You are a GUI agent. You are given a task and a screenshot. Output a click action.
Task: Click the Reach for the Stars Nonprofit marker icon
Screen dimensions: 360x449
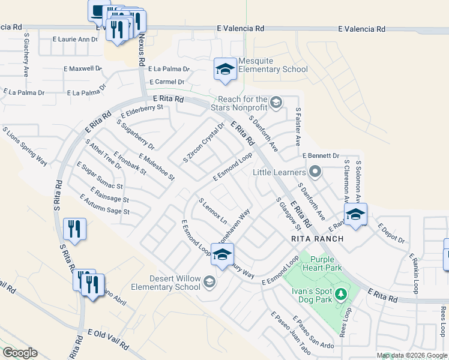click(276, 102)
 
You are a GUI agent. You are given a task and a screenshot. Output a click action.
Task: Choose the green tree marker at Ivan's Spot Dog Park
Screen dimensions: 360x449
click(341, 294)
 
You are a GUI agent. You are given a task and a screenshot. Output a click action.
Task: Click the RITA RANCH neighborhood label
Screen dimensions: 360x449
click(317, 239)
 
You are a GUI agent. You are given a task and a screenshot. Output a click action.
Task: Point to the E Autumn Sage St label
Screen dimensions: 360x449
click(104, 204)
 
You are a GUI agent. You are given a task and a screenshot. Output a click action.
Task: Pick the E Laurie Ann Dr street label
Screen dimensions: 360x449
click(74, 40)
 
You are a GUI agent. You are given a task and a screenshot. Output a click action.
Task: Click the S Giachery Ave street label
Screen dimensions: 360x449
click(26, 55)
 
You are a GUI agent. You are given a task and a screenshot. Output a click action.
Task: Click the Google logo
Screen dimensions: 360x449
click(20, 353)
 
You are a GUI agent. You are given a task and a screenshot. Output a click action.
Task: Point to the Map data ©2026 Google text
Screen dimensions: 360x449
click(411, 355)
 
